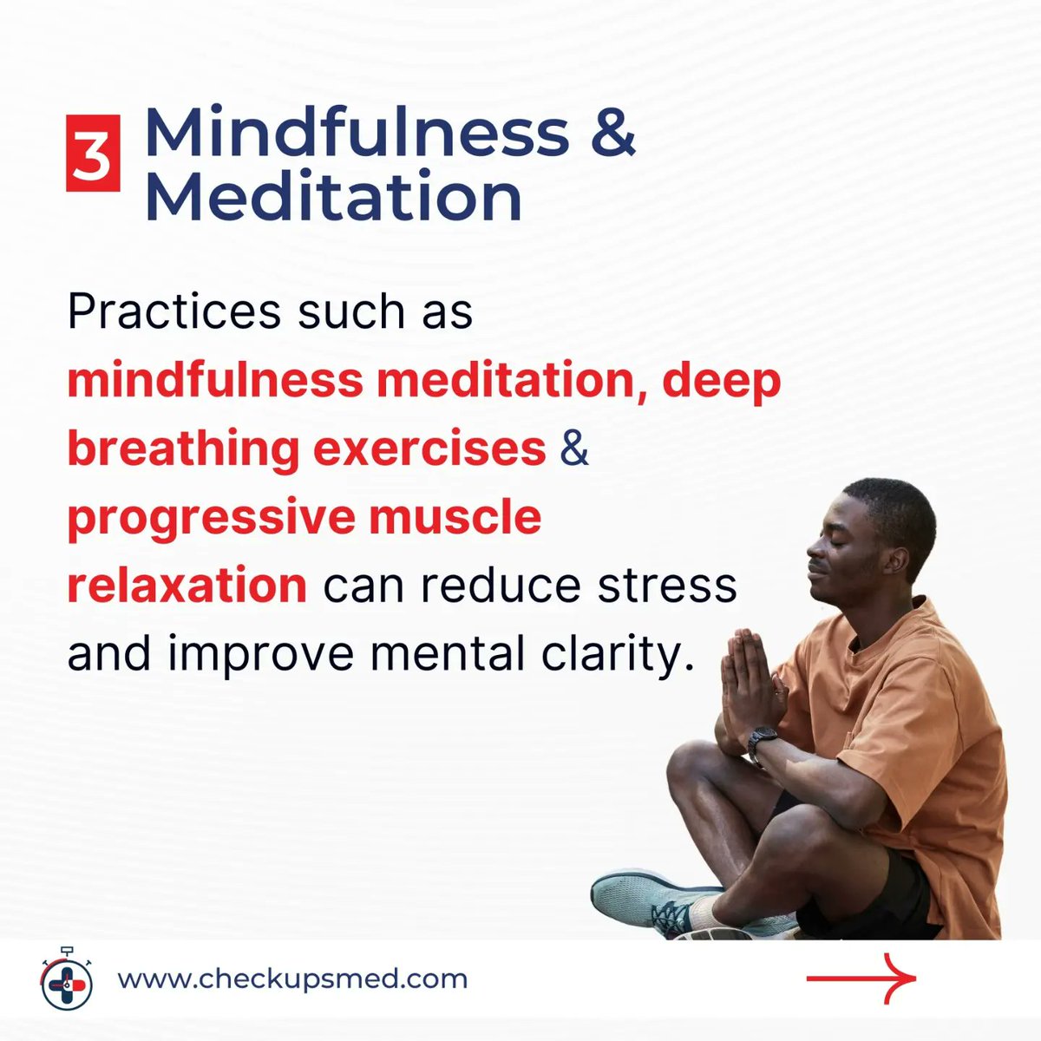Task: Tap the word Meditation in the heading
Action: (x=333, y=196)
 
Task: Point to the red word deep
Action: (x=722, y=382)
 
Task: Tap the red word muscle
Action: (x=455, y=516)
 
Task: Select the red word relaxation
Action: (x=187, y=586)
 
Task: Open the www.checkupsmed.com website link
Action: (x=292, y=979)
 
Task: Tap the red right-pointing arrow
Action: (x=861, y=979)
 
